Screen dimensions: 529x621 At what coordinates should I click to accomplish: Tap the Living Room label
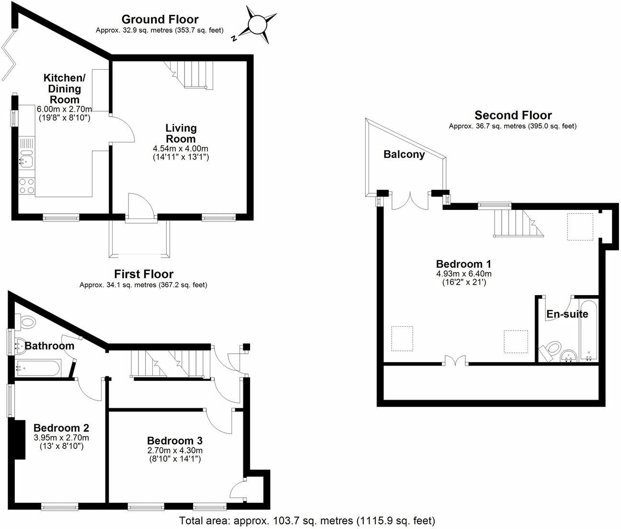181,133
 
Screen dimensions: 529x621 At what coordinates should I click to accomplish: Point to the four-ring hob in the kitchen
26,185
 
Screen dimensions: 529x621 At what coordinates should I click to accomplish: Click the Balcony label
404,154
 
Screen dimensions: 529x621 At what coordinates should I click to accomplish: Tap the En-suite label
567,314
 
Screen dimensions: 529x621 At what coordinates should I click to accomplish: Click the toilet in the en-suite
551,349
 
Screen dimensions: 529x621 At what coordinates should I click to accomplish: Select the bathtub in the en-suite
589,331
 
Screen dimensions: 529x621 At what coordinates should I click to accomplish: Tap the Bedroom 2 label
61,428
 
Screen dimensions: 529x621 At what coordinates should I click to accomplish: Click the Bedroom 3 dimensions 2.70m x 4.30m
174,450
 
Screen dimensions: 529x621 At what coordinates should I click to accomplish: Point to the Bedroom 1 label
463,264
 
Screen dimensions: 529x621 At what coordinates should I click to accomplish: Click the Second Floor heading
513,115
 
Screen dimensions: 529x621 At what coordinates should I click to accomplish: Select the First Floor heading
143,274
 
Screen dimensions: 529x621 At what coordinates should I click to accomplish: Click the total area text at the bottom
307,520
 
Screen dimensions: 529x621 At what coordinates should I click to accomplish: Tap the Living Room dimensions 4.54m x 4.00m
181,148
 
